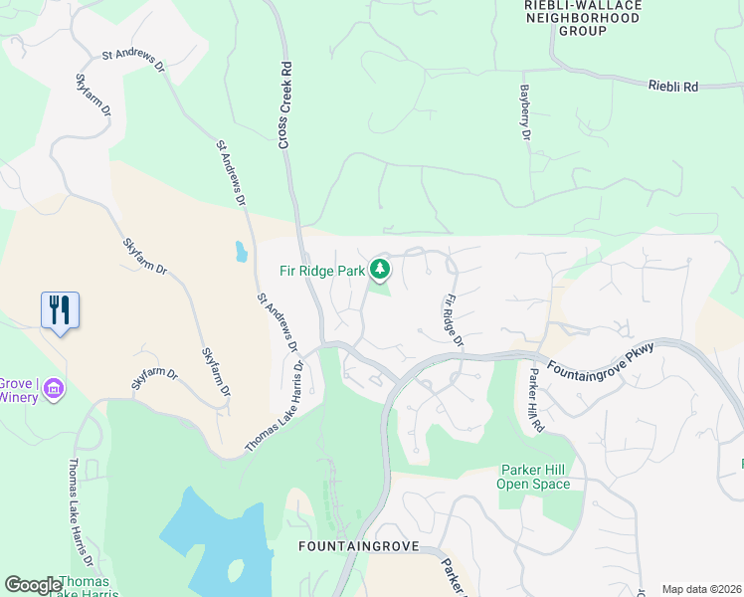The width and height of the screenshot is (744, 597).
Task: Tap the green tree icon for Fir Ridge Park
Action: tap(379, 269)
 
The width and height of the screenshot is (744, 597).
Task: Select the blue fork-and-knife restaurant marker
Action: tap(60, 310)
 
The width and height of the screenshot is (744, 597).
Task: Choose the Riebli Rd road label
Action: tap(673, 87)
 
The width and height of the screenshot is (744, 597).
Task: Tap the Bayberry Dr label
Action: tap(524, 110)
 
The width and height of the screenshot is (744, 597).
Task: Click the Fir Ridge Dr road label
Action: tap(454, 319)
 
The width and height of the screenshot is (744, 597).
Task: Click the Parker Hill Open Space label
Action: tap(534, 477)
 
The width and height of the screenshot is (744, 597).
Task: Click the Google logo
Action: tap(33, 585)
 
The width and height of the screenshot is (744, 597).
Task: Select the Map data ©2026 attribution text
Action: tap(701, 589)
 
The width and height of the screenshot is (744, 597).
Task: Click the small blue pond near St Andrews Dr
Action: tap(242, 251)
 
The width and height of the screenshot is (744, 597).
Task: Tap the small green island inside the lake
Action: tap(236, 571)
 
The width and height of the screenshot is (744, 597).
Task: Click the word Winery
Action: tap(19, 398)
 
